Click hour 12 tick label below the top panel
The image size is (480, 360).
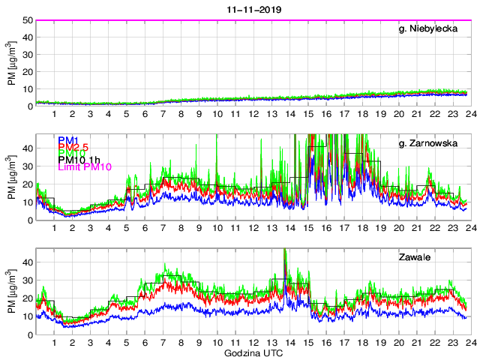click(253, 114)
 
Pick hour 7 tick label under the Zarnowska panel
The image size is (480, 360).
click(163, 228)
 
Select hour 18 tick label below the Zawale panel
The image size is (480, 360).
click(362, 342)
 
